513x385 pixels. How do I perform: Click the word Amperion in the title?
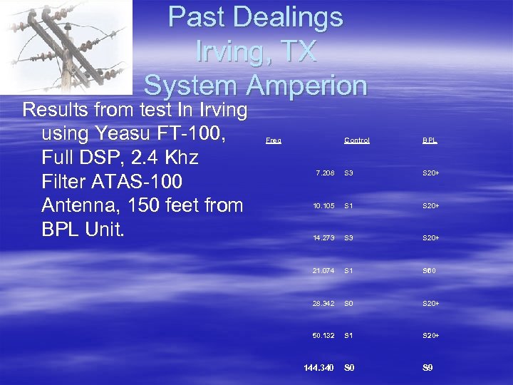click(x=307, y=86)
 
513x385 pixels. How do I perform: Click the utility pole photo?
click(x=66, y=46)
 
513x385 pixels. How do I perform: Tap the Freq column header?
click(x=273, y=140)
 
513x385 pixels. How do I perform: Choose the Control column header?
click(x=357, y=140)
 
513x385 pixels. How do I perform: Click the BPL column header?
click(x=430, y=140)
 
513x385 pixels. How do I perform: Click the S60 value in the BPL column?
click(x=430, y=270)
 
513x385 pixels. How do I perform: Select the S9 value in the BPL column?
click(x=427, y=368)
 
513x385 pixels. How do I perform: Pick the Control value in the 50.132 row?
click(x=349, y=335)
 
